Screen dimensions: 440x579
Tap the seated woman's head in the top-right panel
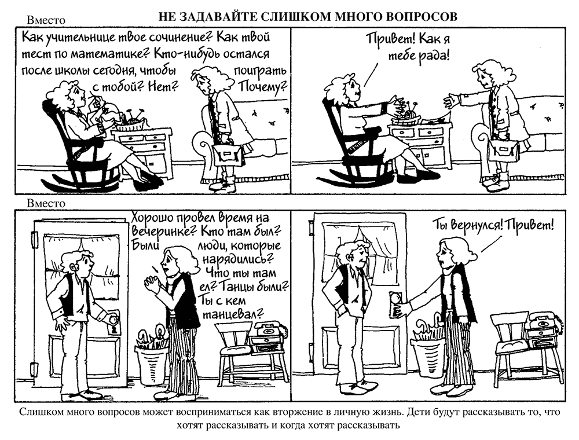345,86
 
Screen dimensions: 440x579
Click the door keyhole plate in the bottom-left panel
113,323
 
